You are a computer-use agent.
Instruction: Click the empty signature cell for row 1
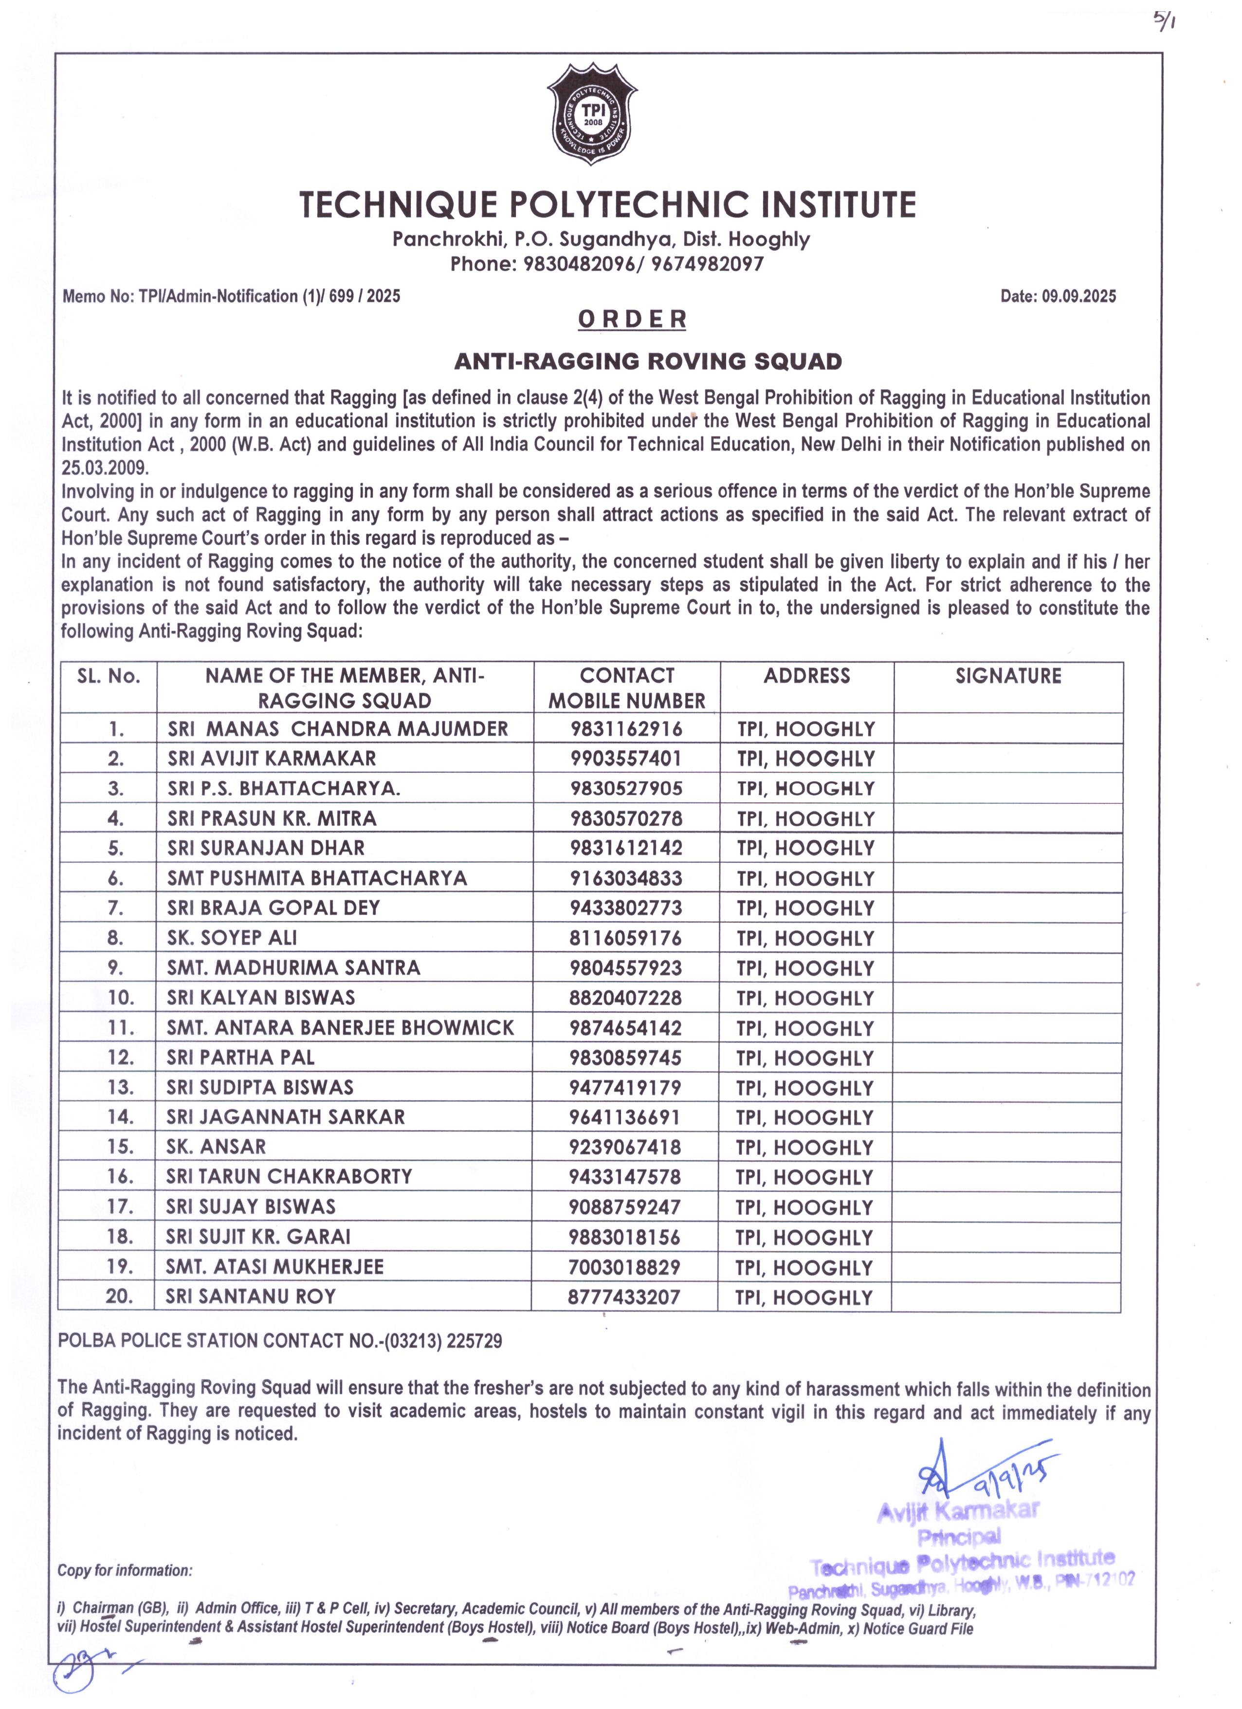click(1008, 729)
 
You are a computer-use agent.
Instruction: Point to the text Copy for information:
click(125, 1570)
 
